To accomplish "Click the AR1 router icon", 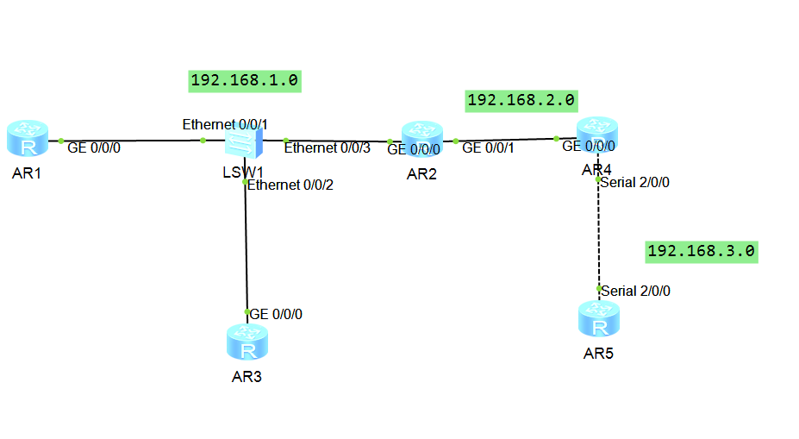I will pos(28,138).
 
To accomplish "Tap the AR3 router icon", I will pos(248,342).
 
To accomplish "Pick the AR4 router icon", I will pos(597,136).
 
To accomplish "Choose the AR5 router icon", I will pos(598,319).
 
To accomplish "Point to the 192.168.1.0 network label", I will pos(244,81).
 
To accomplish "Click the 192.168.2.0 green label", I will pos(521,101).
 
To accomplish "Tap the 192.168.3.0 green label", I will pos(701,251).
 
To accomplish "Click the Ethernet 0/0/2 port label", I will pos(286,185).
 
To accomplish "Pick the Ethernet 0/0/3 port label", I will pos(328,148).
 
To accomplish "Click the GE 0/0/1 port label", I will pos(488,148).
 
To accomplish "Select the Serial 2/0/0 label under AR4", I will pos(636,182).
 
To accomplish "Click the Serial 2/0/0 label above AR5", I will pos(636,292).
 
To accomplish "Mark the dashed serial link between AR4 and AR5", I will pos(598,233).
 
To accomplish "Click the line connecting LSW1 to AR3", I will pos(247,250).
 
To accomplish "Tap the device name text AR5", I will pos(598,354).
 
